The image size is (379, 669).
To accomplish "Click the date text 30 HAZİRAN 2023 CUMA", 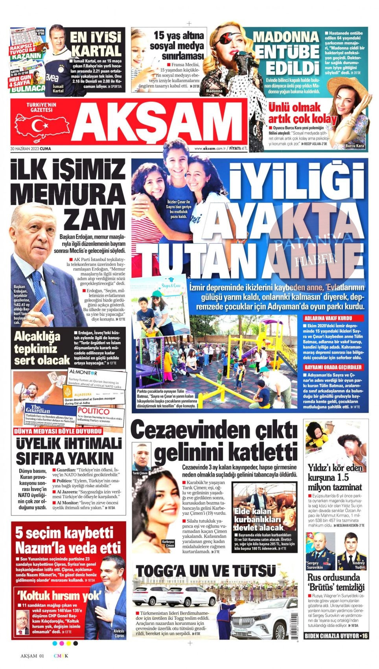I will pos(31,148).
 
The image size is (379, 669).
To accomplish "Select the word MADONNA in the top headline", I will pos(286,37).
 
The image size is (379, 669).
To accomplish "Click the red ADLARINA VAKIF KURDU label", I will pos(327,318).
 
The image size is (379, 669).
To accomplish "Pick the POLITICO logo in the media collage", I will pos(93,411).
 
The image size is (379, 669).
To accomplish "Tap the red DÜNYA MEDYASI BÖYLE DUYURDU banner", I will pos(58,431).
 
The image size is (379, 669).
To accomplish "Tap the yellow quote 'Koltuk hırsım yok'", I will pos(59,595).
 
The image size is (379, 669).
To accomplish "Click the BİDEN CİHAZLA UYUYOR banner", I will pos(337,636).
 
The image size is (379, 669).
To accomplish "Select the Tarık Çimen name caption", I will pos(140,473).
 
